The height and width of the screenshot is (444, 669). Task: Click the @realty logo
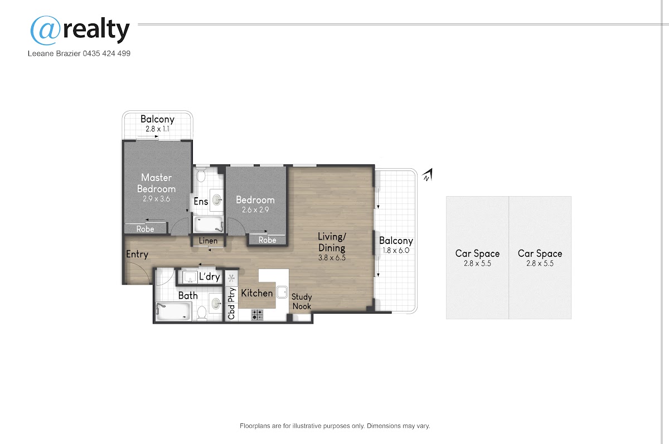click(x=80, y=30)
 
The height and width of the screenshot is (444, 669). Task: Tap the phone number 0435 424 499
click(x=106, y=53)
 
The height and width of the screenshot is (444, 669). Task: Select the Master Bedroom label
click(x=156, y=183)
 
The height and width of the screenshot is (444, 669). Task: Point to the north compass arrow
click(x=428, y=175)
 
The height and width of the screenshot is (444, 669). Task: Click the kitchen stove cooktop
click(x=257, y=315)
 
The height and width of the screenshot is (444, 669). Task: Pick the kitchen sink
click(x=282, y=292)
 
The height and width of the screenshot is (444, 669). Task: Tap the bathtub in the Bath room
click(x=173, y=311)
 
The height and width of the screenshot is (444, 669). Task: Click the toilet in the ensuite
click(x=201, y=175)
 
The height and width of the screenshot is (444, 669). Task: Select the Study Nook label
click(x=302, y=301)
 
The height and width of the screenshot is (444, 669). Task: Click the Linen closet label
click(x=208, y=241)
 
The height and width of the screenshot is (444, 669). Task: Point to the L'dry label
click(x=210, y=277)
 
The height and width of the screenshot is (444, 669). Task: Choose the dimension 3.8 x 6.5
click(x=332, y=258)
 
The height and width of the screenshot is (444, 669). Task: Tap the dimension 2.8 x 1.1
click(x=157, y=129)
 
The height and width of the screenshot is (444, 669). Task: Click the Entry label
click(x=137, y=254)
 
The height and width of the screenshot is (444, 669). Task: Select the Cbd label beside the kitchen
click(x=231, y=312)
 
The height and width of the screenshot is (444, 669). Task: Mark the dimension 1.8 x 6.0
click(x=396, y=250)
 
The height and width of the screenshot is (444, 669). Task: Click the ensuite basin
click(x=217, y=199)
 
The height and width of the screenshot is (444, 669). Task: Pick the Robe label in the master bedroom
click(x=145, y=229)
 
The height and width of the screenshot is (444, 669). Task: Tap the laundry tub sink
click(x=190, y=277)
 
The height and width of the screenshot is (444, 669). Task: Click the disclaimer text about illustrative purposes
click(x=335, y=426)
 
